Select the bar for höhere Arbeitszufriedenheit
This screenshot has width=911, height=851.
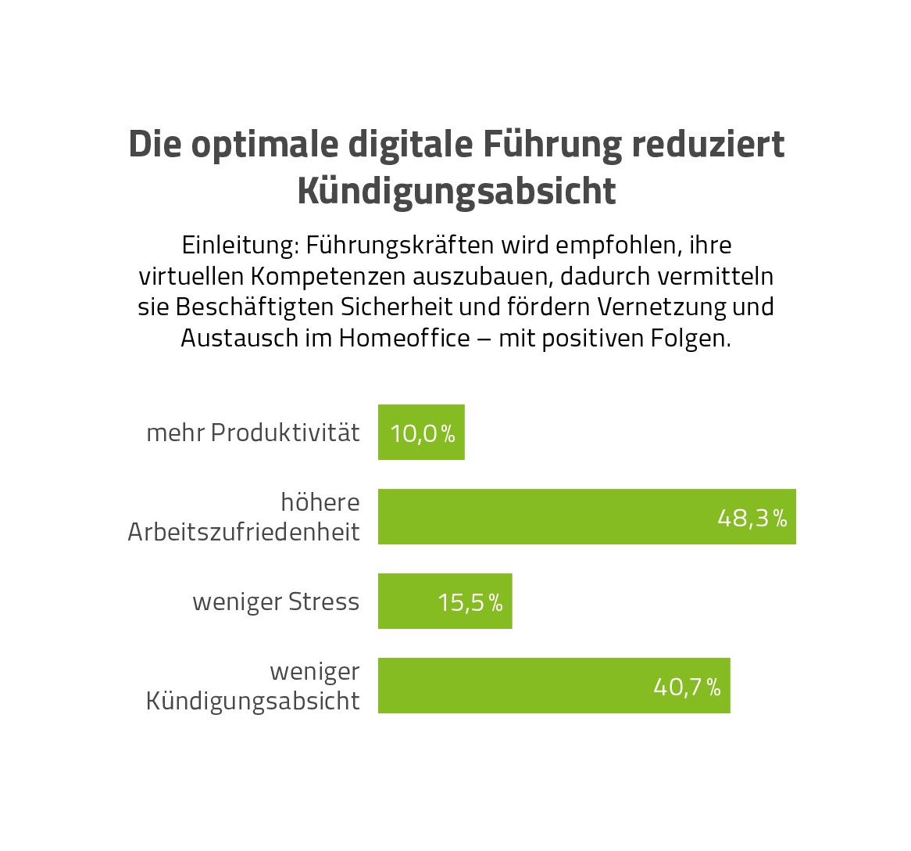coord(547,516)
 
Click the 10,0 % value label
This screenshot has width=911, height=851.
coord(422,433)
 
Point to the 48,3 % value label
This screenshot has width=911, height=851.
coord(752,518)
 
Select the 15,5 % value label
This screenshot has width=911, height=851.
coord(470,602)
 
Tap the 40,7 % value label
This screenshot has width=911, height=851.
coord(687,687)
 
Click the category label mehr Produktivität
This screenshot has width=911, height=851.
coord(253,433)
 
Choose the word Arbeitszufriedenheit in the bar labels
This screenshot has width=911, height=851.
coord(244,532)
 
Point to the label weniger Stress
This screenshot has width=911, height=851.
coord(276,601)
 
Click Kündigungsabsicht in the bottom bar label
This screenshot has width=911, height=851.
coord(253,701)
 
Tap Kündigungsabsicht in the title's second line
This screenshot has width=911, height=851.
coord(456,192)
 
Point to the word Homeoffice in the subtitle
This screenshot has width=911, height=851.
coord(405,338)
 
